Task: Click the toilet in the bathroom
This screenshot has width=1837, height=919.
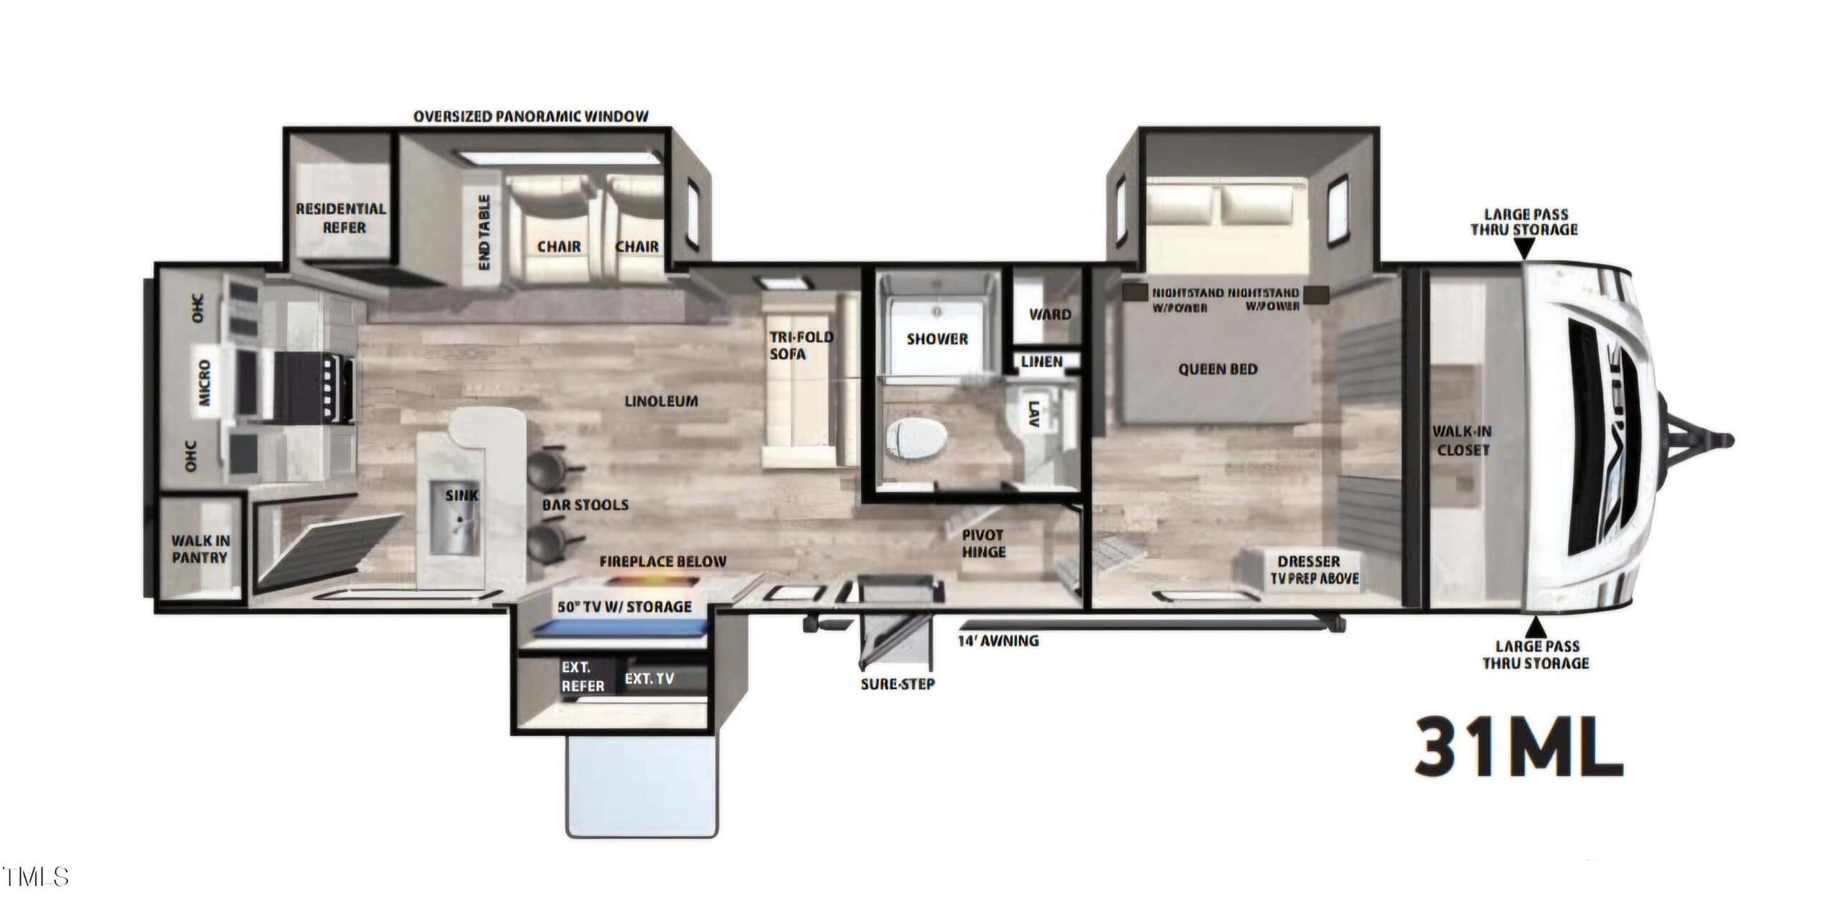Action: click(916, 439)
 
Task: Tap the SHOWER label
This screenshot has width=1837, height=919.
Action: click(937, 339)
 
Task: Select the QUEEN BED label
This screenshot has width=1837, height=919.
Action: click(1218, 369)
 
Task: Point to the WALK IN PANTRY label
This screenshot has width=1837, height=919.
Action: click(200, 549)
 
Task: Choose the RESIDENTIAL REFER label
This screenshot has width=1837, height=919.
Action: click(342, 218)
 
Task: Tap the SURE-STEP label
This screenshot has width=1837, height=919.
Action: click(898, 684)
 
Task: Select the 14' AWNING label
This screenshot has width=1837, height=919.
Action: click(999, 640)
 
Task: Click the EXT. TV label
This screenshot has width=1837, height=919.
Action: click(649, 678)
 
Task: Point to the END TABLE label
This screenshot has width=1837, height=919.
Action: click(484, 232)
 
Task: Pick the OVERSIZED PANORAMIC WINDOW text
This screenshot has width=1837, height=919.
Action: click(531, 116)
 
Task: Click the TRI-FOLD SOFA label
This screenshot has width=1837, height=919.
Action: click(801, 345)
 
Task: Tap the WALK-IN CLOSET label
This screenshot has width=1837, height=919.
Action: click(1462, 441)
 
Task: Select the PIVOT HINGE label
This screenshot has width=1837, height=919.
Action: click(983, 544)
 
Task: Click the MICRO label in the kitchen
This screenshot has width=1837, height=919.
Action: click(205, 383)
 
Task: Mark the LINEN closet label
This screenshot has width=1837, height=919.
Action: click(1042, 361)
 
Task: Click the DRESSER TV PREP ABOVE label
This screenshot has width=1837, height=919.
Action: click(1315, 569)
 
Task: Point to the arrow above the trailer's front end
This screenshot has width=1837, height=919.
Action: click(1526, 248)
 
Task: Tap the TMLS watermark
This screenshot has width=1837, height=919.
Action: click(35, 877)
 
